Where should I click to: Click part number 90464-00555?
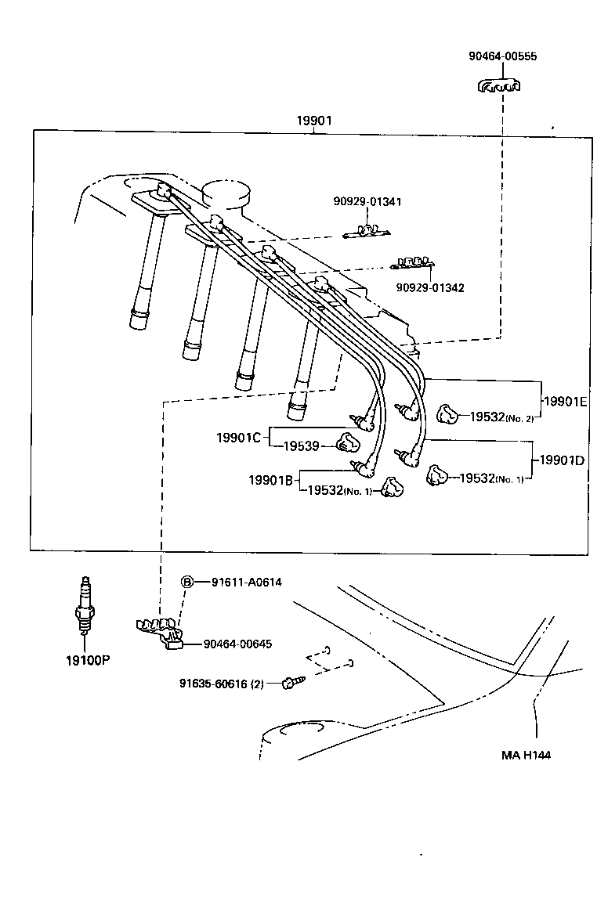click(x=502, y=56)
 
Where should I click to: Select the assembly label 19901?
click(x=313, y=121)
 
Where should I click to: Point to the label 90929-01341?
click(x=367, y=201)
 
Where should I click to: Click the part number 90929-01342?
click(x=429, y=287)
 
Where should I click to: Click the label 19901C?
click(x=238, y=437)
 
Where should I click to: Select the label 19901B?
click(x=271, y=479)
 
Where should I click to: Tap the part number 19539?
click(x=301, y=446)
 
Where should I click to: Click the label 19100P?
click(x=87, y=659)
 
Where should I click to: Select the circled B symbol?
click(x=187, y=582)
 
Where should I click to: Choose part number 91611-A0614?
click(x=246, y=582)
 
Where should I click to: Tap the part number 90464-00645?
click(x=237, y=644)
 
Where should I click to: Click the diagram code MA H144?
click(x=531, y=756)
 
